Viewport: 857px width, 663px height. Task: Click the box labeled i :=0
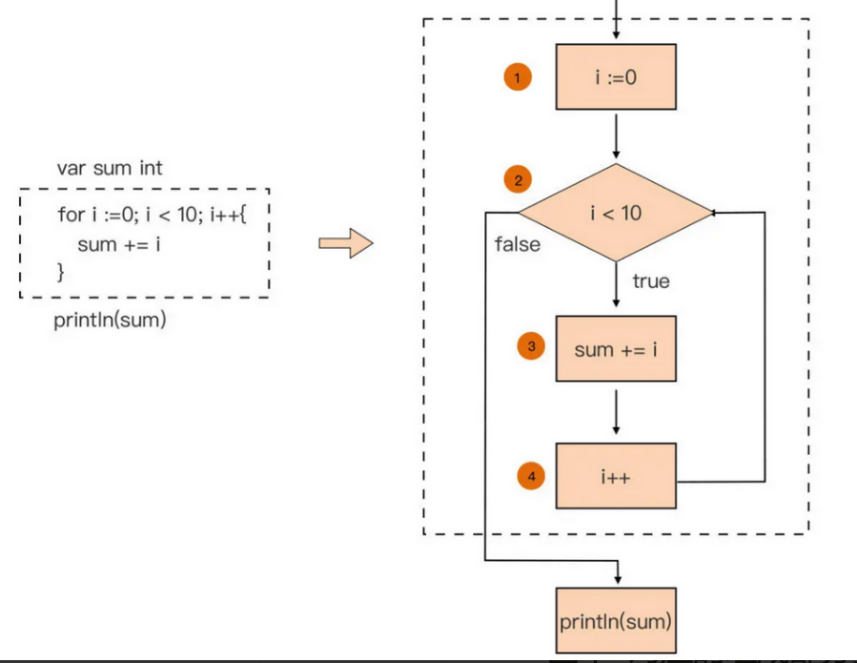tap(616, 77)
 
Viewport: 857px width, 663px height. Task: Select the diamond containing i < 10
tap(616, 213)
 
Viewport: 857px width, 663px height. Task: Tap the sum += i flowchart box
tap(616, 349)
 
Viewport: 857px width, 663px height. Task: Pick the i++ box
tap(616, 476)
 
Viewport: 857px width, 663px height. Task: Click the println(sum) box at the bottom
tap(616, 622)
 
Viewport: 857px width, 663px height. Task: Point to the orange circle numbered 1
tap(518, 79)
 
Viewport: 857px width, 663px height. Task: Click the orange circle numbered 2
tap(519, 179)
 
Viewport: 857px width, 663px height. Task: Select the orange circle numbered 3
tap(531, 346)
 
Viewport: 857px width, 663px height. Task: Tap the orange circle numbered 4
tap(531, 475)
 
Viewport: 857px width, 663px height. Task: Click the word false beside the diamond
tap(518, 245)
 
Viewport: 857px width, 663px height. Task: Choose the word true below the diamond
tap(651, 281)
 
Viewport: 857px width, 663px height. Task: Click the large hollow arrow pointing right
tap(345, 243)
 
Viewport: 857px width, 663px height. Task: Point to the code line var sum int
tap(110, 169)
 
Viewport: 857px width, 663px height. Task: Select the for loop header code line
tap(152, 215)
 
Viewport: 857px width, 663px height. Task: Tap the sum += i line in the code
tap(118, 245)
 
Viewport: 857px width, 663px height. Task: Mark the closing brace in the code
tap(61, 273)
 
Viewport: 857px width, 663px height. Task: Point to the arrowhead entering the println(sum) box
tap(617, 579)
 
